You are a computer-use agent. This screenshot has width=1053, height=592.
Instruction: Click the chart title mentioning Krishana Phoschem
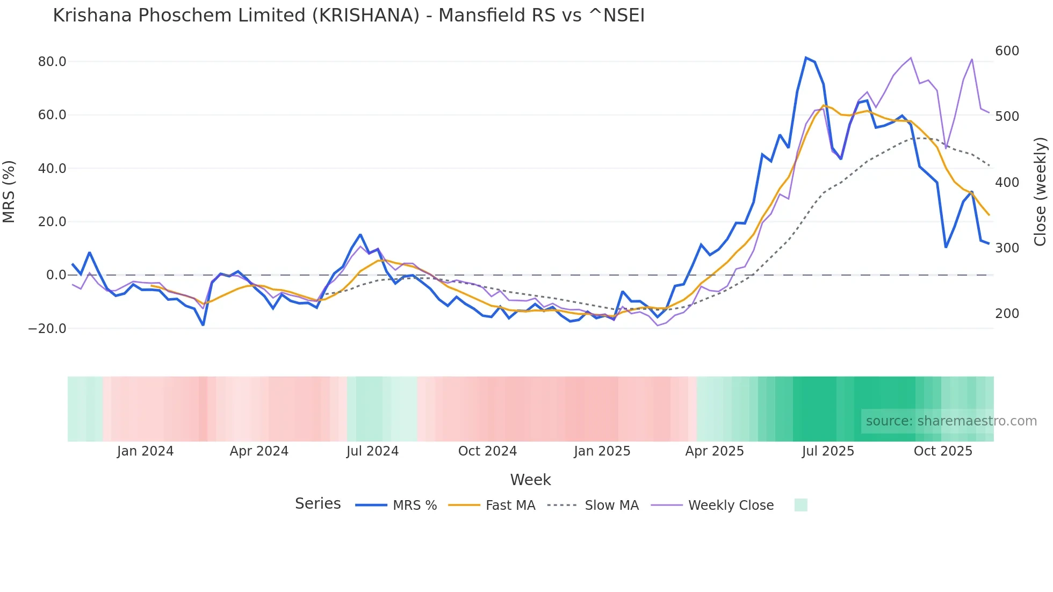(349, 16)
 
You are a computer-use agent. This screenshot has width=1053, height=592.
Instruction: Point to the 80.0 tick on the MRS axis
(52, 62)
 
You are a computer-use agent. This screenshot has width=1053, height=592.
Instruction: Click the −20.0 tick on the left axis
(47, 328)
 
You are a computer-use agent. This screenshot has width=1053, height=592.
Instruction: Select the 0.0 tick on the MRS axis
(56, 275)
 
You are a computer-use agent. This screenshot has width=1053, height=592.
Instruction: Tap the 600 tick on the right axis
(1007, 51)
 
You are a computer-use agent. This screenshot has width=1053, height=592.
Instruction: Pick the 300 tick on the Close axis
(1007, 248)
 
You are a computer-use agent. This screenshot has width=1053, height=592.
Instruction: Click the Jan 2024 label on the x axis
(145, 451)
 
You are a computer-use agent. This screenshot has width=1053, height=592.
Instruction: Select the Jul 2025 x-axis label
(828, 451)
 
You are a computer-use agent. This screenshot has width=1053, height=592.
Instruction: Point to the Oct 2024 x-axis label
(487, 451)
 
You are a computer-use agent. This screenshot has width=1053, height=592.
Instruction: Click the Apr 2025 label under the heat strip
(715, 451)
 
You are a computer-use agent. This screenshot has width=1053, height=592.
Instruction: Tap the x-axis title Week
(530, 480)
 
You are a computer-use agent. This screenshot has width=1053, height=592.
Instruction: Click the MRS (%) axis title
(9, 192)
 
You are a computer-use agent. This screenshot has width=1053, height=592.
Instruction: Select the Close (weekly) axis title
(1041, 192)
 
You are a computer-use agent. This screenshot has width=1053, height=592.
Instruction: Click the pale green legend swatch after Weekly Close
(800, 505)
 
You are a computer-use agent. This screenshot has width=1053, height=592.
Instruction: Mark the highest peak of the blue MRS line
(806, 57)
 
